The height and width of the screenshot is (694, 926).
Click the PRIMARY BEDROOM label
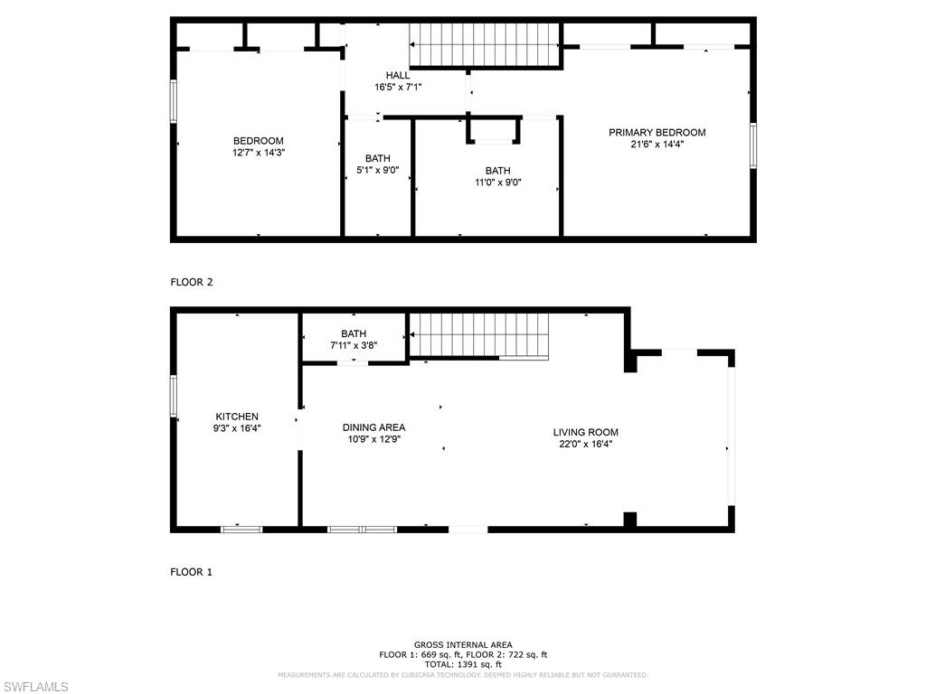(657, 132)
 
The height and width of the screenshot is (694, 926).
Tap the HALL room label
(398, 75)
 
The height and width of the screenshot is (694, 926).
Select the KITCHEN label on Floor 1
(236, 417)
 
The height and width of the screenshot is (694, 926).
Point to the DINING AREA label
(373, 427)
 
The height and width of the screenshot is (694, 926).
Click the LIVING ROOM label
(585, 432)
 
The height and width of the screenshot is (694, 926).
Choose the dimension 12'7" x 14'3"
(258, 153)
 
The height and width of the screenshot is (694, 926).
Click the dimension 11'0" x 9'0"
(497, 182)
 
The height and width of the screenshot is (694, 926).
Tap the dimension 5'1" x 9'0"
(377, 170)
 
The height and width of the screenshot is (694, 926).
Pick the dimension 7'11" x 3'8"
(354, 345)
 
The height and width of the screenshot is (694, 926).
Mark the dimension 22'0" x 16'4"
(585, 444)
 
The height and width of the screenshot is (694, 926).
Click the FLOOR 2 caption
(192, 282)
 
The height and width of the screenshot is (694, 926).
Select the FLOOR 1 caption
(192, 572)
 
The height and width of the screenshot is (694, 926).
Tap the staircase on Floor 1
(480, 335)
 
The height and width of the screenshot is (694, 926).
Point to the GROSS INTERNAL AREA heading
(463, 644)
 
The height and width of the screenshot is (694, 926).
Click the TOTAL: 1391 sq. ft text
(463, 664)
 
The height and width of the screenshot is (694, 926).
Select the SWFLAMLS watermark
(34, 687)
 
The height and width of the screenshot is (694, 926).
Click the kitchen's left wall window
(174, 396)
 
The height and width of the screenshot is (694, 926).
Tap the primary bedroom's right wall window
(753, 145)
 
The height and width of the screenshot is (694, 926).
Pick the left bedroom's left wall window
(174, 100)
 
